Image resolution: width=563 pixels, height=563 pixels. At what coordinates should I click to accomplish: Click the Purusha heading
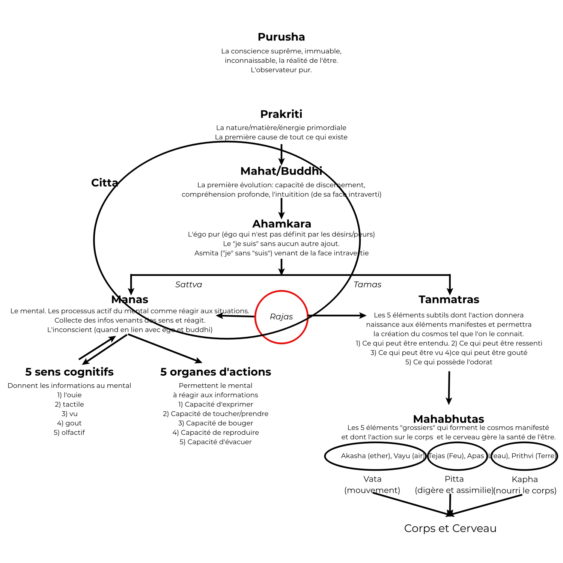tap(281, 37)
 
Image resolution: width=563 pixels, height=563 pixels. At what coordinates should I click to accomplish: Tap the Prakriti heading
tap(281, 114)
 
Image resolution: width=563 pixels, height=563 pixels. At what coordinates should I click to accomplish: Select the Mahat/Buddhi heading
tap(281, 171)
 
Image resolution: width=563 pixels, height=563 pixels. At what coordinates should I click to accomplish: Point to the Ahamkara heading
tap(281, 224)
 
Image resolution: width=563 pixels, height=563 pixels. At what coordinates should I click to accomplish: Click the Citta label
tap(104, 183)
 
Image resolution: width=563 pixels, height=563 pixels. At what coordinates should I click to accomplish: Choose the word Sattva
tap(188, 285)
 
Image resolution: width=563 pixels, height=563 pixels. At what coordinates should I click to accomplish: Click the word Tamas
tap(367, 285)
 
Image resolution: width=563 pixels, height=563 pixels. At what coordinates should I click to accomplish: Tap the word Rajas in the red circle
tap(281, 317)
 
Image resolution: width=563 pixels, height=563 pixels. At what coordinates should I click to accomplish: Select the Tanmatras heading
tap(449, 300)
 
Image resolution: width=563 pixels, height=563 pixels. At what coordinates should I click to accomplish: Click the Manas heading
tap(130, 300)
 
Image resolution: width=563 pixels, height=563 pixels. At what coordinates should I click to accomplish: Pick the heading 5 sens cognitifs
tap(69, 372)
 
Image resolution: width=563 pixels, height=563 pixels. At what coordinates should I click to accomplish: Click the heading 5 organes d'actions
tap(215, 372)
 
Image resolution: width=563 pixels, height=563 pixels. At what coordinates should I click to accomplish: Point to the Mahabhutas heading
tap(449, 419)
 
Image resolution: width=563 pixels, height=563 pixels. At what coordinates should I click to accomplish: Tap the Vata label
tap(372, 479)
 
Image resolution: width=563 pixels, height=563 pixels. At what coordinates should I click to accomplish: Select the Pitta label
tap(454, 479)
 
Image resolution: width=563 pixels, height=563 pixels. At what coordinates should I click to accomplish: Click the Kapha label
tap(525, 479)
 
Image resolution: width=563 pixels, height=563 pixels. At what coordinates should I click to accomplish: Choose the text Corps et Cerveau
tap(450, 528)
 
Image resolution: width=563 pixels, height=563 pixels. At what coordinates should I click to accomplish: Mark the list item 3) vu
tap(69, 414)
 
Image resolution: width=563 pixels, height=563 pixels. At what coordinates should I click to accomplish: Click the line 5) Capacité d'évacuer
tap(215, 442)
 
